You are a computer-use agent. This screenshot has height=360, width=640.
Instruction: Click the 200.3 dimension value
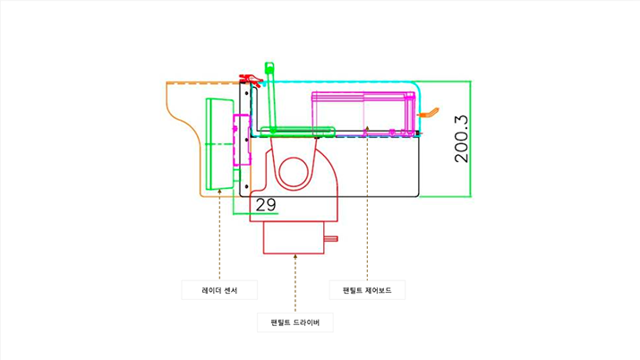(462, 138)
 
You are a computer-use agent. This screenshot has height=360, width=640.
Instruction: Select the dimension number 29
(266, 205)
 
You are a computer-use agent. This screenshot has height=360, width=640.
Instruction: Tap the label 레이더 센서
(218, 290)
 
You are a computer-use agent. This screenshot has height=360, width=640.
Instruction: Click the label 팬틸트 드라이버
(294, 321)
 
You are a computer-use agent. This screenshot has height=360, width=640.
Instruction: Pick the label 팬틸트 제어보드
(367, 290)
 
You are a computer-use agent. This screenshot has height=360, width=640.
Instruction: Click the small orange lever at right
(431, 113)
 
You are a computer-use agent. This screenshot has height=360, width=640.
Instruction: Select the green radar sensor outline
(215, 143)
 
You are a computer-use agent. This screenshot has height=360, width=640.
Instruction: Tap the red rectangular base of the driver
(293, 239)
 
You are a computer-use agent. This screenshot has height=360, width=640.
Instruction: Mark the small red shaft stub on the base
(331, 238)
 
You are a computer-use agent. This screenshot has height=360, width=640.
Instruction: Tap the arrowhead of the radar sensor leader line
(219, 191)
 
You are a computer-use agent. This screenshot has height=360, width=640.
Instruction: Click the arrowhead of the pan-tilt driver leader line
(294, 257)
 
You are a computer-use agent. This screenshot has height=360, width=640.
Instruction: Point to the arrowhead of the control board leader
(367, 129)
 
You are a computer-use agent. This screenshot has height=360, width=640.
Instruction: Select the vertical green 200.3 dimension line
(471, 139)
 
